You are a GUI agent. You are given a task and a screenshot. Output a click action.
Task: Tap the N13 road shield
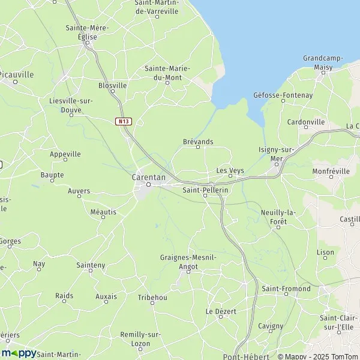click(124, 121)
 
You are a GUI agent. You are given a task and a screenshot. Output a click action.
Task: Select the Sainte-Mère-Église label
click(86, 32)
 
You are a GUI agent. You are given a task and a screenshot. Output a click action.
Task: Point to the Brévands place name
click(197, 142)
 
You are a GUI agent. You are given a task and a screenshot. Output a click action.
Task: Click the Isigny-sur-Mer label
click(277, 154)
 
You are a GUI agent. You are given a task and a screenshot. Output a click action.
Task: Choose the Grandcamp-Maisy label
click(323, 62)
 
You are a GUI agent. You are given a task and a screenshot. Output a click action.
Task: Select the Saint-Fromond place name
click(286, 289)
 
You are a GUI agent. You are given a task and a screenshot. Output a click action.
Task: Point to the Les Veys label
click(230, 170)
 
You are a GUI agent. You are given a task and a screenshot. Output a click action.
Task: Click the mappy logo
click(19, 353)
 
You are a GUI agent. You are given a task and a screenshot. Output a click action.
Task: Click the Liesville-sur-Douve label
click(71, 104)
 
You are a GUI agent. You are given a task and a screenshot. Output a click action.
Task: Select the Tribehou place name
click(152, 298)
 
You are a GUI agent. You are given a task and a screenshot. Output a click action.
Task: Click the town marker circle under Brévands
click(198, 148)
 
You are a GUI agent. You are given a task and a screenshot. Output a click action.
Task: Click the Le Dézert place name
click(221, 311)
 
